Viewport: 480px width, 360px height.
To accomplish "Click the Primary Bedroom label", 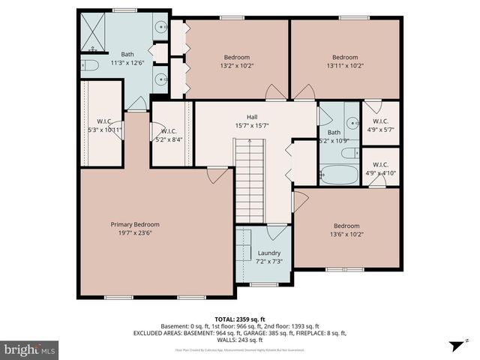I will tap(135, 224).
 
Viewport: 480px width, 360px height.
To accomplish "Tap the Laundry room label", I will tap(268, 253).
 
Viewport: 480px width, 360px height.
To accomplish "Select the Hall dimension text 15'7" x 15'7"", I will tap(252, 126).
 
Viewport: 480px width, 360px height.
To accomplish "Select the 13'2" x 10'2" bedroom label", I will tap(236, 57).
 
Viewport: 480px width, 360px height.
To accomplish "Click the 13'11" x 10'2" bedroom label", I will tap(345, 57).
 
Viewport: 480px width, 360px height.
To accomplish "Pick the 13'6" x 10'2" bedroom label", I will tap(346, 226).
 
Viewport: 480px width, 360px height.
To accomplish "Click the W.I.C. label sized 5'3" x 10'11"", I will tap(104, 121).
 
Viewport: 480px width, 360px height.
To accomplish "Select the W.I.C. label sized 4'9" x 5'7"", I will tap(380, 121).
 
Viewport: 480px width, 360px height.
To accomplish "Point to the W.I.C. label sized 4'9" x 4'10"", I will tap(380, 164).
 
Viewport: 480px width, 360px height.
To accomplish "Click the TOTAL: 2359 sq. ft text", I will tap(240, 319).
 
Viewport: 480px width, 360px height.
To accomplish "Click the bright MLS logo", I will tap(29, 349).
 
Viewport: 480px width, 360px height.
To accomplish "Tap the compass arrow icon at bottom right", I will tap(454, 346).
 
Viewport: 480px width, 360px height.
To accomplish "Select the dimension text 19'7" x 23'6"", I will tap(135, 233).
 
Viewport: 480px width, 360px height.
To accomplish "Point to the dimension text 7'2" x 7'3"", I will tap(268, 262).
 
